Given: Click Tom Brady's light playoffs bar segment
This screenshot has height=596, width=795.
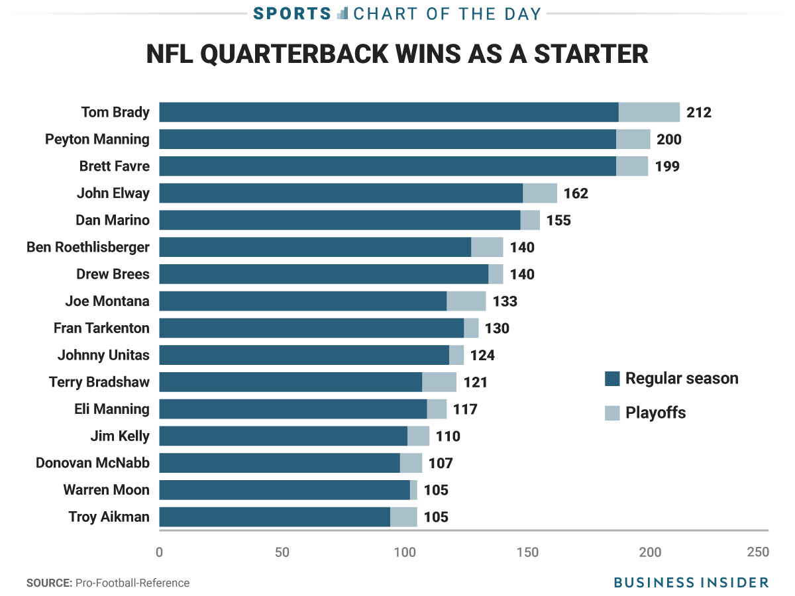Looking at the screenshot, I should (649, 113).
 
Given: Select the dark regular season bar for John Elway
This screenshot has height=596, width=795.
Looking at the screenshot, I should (341, 193).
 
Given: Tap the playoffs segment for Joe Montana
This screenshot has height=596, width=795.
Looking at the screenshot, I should (466, 301).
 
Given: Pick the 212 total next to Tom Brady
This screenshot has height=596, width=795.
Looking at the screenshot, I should (698, 113).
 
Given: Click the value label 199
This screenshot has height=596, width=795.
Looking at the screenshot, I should (667, 166).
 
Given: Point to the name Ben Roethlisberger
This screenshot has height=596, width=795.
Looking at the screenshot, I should (88, 247).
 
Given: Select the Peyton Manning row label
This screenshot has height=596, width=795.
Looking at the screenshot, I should (97, 139).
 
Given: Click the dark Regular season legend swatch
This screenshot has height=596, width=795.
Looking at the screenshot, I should (612, 379).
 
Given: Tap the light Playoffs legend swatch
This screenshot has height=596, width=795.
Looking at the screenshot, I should (612, 413).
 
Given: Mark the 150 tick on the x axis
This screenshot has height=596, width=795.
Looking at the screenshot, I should (527, 552).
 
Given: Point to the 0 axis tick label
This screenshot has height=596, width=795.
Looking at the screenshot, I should (159, 552).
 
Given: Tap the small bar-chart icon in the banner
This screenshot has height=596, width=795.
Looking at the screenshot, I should (343, 13).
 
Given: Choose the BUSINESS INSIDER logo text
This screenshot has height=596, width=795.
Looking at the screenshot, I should (691, 583).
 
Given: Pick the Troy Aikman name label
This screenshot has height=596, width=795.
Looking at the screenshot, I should (109, 517).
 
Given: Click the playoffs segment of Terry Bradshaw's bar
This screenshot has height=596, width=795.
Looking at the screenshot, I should (439, 382).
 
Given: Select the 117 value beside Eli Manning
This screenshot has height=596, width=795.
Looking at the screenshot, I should (465, 409).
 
